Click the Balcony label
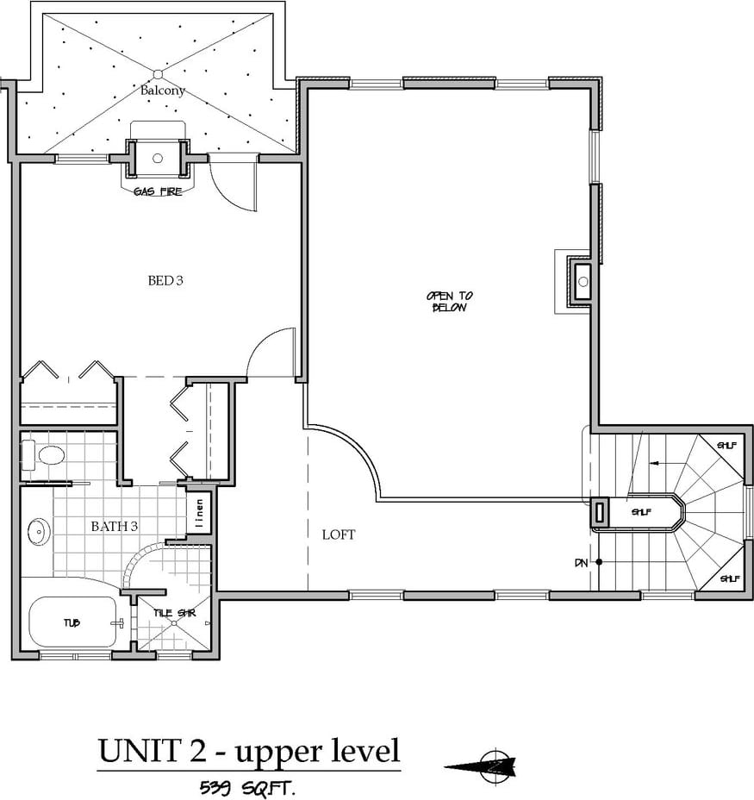163,91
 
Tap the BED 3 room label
165,280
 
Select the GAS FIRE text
158,192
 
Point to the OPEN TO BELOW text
450,302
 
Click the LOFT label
339,534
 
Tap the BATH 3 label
115,526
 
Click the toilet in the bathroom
43,454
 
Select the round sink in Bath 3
38,532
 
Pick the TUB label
72,622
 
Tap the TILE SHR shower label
174,613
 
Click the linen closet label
199,513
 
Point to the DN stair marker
581,563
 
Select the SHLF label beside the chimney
641,512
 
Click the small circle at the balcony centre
158,74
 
